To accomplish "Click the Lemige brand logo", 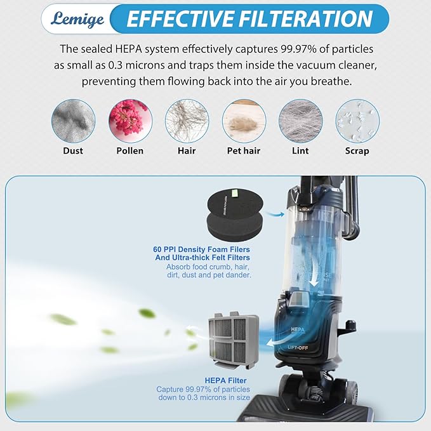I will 74,18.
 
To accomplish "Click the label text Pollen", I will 129,150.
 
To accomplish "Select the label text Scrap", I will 357,150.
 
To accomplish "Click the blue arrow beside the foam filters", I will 275,215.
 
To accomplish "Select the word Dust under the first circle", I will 72,150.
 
